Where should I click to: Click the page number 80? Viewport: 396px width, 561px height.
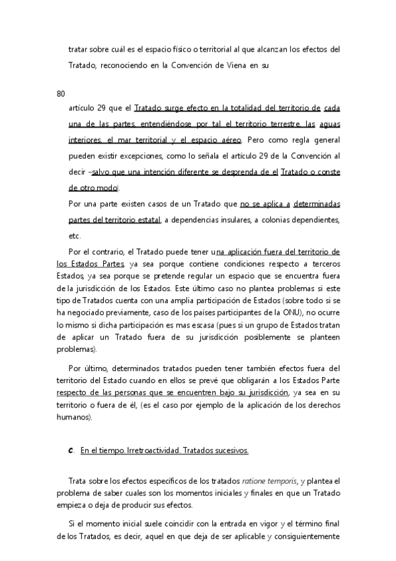coord(61,93)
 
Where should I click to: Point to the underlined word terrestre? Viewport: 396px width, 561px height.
coord(274,124)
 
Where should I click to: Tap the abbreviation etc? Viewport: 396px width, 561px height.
coord(74,236)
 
